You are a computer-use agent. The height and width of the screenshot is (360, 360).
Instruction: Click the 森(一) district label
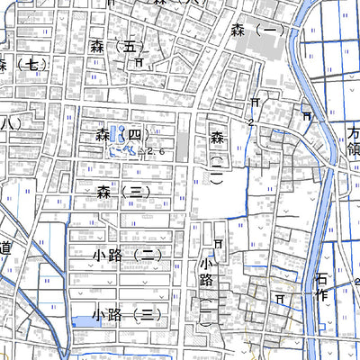click(266, 30)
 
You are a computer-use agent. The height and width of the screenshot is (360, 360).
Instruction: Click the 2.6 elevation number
click(157, 152)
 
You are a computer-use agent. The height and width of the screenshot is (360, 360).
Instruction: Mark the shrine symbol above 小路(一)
click(218, 244)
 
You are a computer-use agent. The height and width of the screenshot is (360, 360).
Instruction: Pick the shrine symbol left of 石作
click(280, 296)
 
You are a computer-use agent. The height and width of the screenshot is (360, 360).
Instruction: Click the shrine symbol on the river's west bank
click(308, 115)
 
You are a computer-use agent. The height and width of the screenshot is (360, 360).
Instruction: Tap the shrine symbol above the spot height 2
click(256, 103)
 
